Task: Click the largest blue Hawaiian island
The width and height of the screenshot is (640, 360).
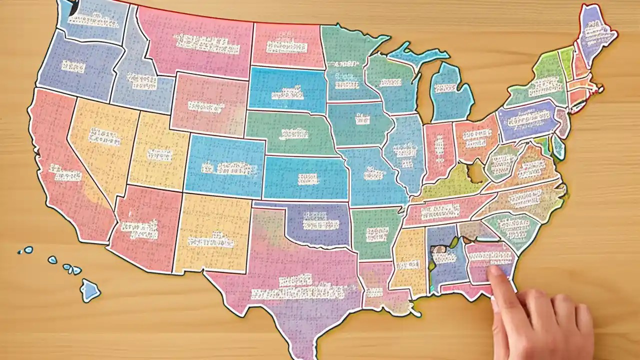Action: pyautogui.click(x=90, y=289)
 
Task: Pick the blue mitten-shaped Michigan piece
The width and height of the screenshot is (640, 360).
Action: pyautogui.click(x=450, y=92)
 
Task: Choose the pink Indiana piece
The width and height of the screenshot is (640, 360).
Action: pyautogui.click(x=438, y=150)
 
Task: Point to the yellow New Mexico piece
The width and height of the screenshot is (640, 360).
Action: pyautogui.click(x=212, y=235)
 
